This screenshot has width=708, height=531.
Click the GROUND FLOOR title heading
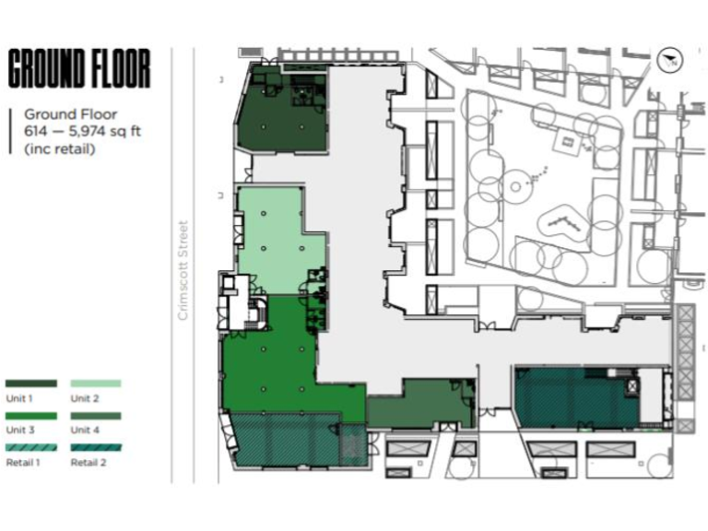(x=78, y=70)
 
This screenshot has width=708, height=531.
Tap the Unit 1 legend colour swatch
(x=31, y=383)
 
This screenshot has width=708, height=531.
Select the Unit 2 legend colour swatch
(x=96, y=383)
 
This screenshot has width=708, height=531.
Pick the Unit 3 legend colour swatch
(x=31, y=416)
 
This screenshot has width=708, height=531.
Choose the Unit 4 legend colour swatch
(x=96, y=416)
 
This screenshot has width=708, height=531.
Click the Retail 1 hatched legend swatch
(x=31, y=448)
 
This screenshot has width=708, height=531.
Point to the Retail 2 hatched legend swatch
(x=96, y=448)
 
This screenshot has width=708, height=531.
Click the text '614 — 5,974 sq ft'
(x=83, y=131)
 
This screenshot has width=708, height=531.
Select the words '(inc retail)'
(x=60, y=147)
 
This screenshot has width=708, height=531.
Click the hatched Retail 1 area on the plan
(x=286, y=440)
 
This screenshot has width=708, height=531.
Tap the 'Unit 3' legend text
(x=20, y=430)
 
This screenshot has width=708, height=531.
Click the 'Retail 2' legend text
(x=88, y=462)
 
